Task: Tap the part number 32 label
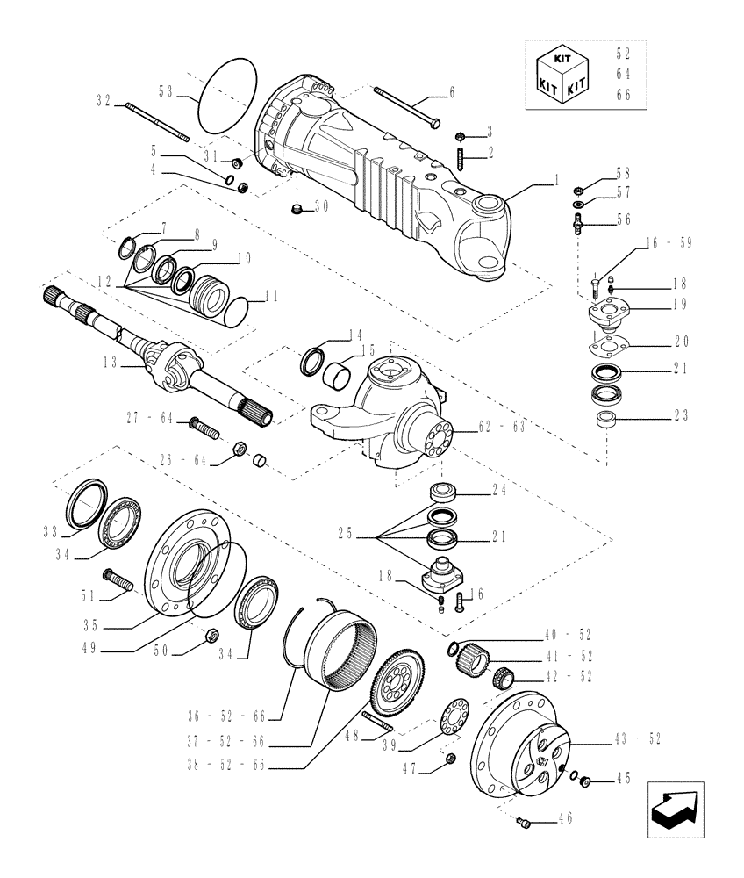point(104,101)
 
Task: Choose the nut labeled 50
point(211,634)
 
